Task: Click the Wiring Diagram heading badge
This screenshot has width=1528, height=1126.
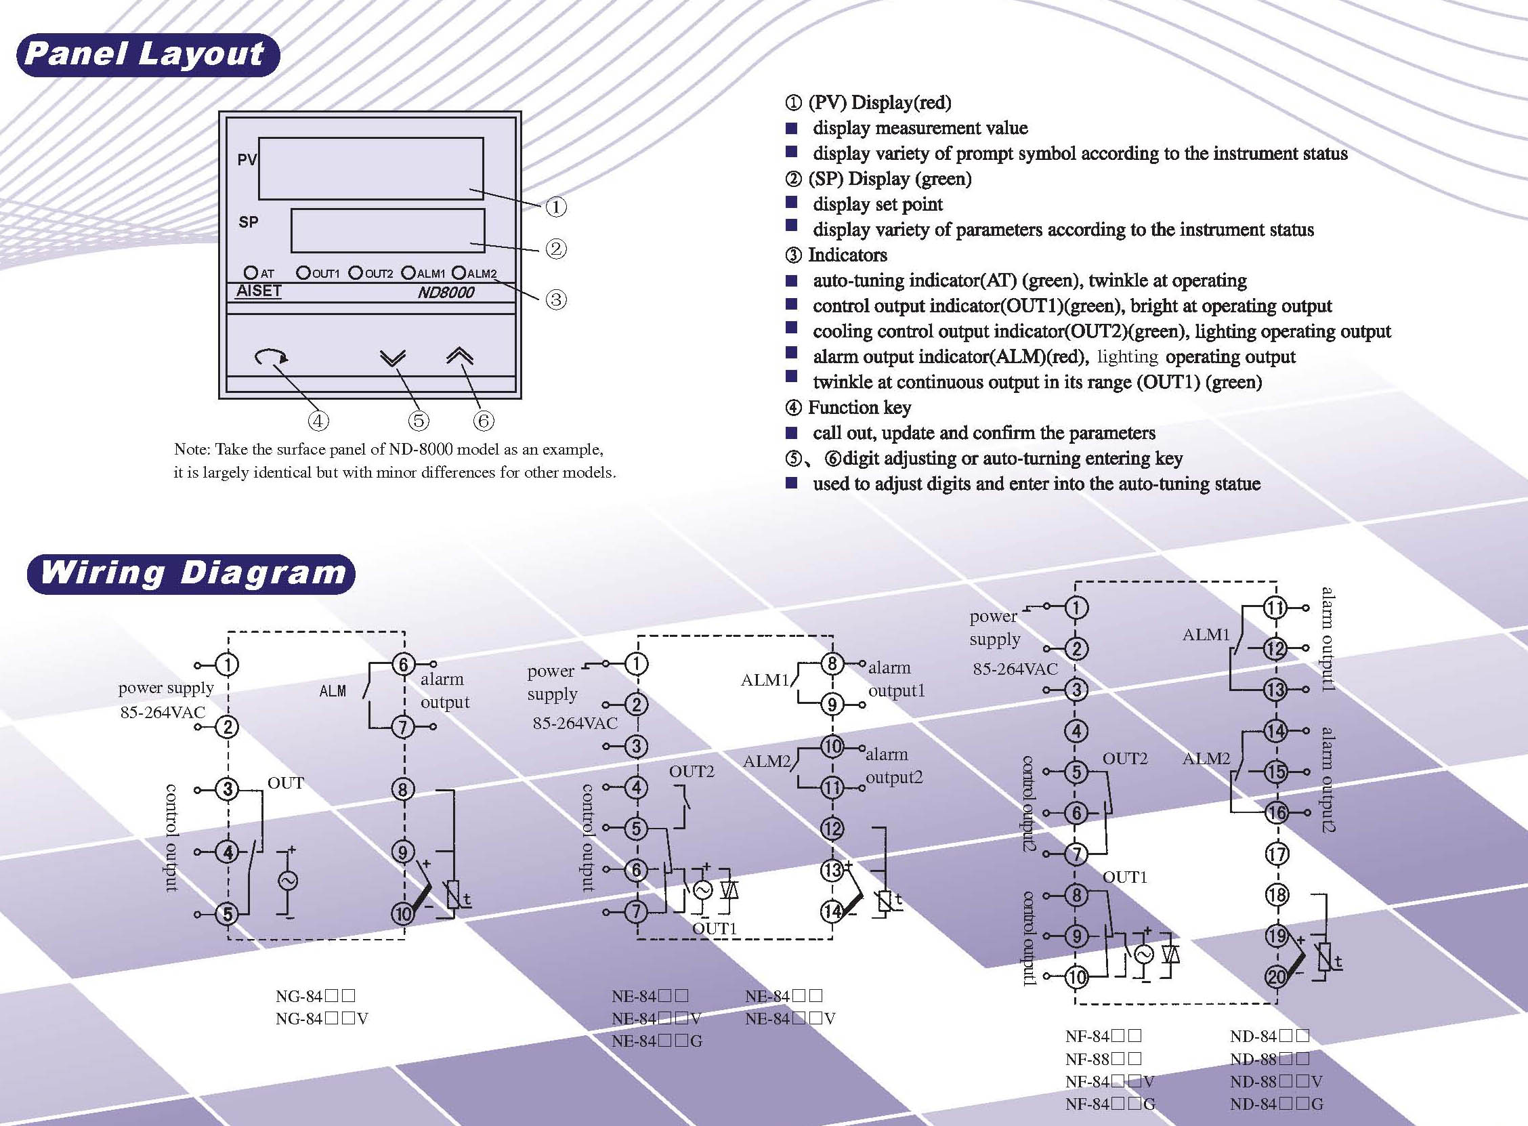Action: point(192,574)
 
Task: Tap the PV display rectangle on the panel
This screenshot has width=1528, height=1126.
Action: point(370,168)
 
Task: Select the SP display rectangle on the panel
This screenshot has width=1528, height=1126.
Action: point(387,230)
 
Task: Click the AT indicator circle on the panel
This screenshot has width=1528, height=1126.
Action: point(251,272)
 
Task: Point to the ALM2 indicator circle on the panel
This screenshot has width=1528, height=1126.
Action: point(459,272)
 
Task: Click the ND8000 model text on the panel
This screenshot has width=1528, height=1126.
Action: point(446,293)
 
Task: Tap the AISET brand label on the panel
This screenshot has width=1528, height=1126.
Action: point(259,291)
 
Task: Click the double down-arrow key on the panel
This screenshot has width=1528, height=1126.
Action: point(392,358)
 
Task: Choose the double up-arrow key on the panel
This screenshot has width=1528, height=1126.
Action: point(460,356)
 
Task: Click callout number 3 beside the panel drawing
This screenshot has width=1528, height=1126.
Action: point(557,299)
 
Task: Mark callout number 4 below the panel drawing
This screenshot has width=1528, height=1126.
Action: point(318,421)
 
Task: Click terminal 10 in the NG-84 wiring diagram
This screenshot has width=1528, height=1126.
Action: point(402,913)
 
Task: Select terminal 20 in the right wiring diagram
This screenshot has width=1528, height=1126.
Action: point(1276,977)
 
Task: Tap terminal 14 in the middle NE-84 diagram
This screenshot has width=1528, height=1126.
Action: point(832,911)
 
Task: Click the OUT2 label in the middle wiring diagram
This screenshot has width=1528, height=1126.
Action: point(692,772)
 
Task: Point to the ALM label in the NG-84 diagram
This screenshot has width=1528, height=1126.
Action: point(333,691)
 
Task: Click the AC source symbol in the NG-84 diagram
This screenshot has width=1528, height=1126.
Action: point(286,881)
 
